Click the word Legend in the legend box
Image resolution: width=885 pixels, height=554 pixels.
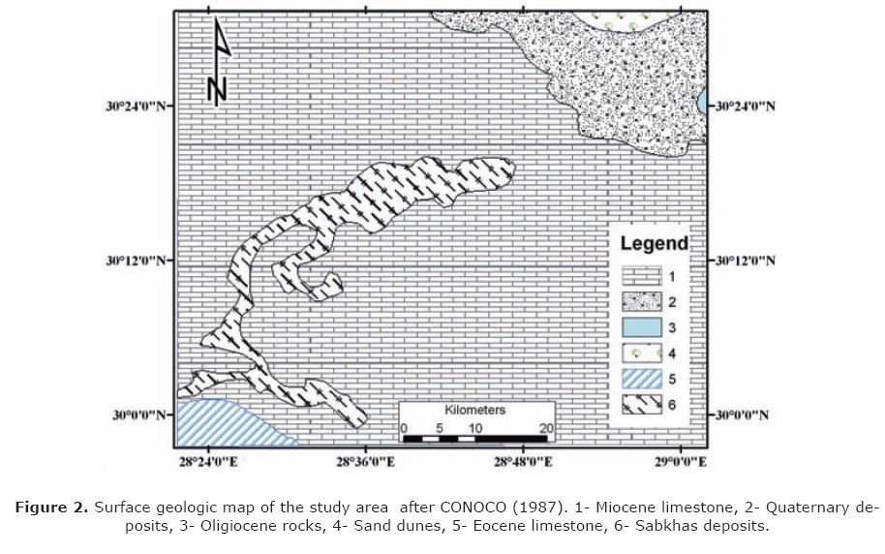pyautogui.click(x=654, y=243)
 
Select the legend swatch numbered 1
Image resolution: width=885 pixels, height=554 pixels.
pyautogui.click(x=640, y=277)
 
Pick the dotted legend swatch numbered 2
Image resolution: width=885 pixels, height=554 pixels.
pyautogui.click(x=640, y=303)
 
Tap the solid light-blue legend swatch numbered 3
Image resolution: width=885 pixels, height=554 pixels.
pyautogui.click(x=640, y=328)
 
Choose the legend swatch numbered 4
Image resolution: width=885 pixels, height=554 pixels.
pyautogui.click(x=640, y=354)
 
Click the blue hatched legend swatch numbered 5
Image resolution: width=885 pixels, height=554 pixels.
pyautogui.click(x=640, y=380)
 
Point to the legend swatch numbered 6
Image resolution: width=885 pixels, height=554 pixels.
pyautogui.click(x=640, y=405)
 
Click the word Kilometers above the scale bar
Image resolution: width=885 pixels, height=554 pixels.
pyautogui.click(x=474, y=411)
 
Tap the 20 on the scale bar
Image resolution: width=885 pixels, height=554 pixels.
pyautogui.click(x=546, y=428)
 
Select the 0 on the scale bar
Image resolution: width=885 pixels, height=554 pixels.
pyautogui.click(x=404, y=428)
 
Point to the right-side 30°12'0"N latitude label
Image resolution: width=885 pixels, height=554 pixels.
pyautogui.click(x=745, y=262)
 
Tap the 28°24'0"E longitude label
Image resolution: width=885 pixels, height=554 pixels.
pyautogui.click(x=207, y=462)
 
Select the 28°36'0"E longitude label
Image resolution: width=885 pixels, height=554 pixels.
pyautogui.click(x=365, y=462)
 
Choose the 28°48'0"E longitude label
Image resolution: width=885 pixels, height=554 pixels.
pyautogui.click(x=523, y=462)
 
